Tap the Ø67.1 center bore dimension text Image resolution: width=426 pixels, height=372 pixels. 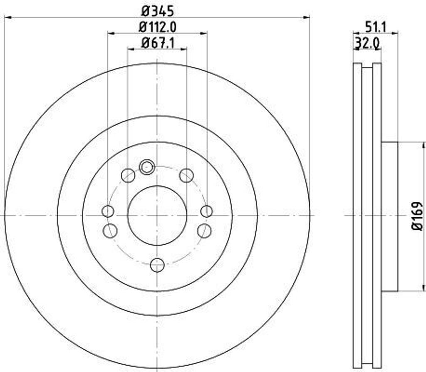[157, 42]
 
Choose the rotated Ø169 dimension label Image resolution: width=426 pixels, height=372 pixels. [417, 216]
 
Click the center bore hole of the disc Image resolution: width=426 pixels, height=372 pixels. [157, 216]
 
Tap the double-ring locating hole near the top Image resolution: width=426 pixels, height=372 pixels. [146, 167]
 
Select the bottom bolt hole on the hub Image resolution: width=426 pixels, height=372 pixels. [157, 265]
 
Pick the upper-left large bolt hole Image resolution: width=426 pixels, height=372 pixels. [128, 176]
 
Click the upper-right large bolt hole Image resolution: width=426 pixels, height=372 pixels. [186, 176]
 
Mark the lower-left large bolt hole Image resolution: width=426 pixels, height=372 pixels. [110, 231]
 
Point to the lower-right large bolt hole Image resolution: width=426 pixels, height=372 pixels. [204, 231]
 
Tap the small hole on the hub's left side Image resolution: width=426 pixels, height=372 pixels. [108, 211]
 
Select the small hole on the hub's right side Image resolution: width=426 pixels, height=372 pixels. [206, 211]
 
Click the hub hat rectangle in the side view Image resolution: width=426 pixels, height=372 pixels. [389, 216]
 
